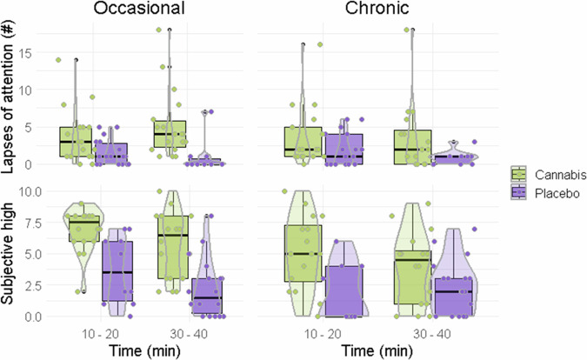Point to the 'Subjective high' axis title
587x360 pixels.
(x=10, y=252)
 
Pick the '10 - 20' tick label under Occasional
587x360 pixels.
(x=96, y=333)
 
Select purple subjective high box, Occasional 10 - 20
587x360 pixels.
(x=117, y=271)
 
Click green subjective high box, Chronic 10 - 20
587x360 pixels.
(x=304, y=253)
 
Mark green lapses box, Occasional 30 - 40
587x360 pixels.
(x=170, y=139)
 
